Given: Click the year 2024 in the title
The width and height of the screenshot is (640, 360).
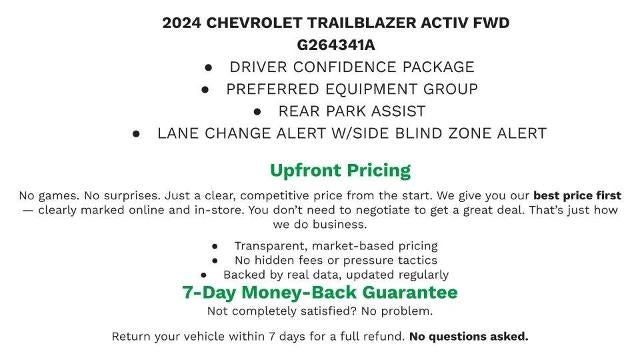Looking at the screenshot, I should [183, 22].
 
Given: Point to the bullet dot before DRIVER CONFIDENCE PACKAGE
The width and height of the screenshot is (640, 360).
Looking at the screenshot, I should [208, 67].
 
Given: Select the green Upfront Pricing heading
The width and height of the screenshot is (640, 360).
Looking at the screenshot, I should [340, 170].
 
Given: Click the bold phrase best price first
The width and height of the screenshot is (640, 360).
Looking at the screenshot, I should [577, 195].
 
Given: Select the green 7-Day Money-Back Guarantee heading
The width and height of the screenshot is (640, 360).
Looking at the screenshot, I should [320, 292].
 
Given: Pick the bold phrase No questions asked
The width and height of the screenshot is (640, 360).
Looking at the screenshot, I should [468, 336].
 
